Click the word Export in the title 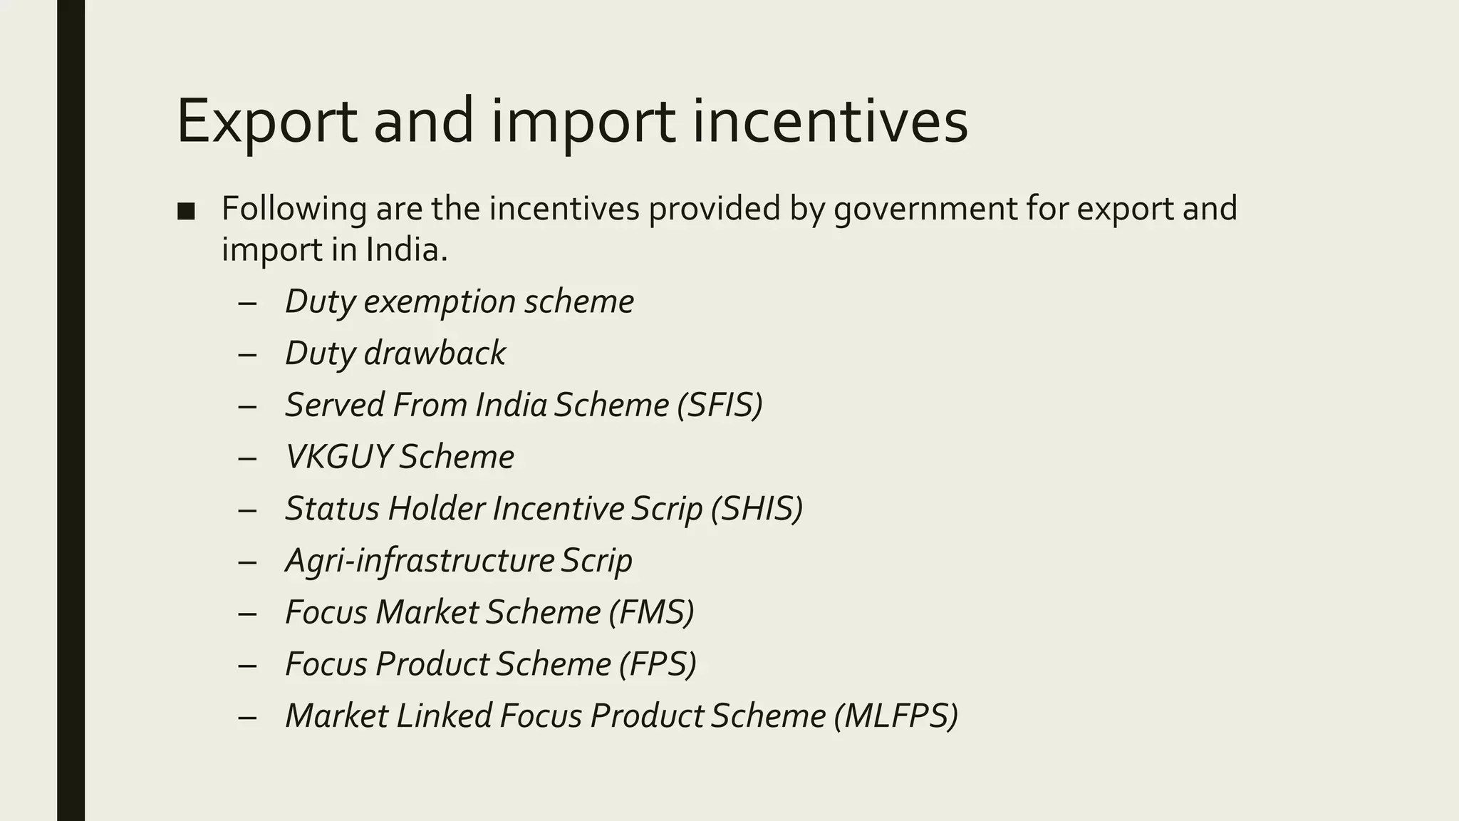[x=267, y=121]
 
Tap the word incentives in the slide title [x=829, y=121]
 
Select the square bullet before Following [x=186, y=211]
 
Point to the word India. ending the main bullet [x=406, y=249]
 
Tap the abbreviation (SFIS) [x=720, y=405]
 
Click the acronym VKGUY [x=338, y=457]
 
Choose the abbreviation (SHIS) [x=757, y=509]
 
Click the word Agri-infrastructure [x=420, y=561]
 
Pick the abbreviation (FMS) [x=651, y=612]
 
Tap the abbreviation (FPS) [x=657, y=664]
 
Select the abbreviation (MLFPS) [x=895, y=716]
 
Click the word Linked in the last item [x=444, y=716]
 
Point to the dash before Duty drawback [x=247, y=354]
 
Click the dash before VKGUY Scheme [x=247, y=458]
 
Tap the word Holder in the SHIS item [x=436, y=509]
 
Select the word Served [x=335, y=405]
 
